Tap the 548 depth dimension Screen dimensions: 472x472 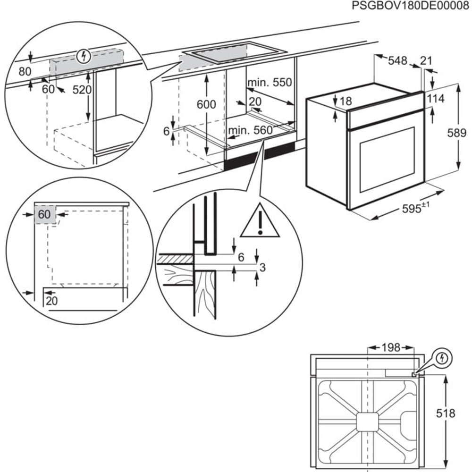(398, 60)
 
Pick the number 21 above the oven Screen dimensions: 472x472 (426, 60)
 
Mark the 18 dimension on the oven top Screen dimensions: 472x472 (346, 101)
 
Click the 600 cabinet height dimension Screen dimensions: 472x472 (206, 105)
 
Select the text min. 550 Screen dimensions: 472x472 (270, 83)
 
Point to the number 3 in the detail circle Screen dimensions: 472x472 (263, 268)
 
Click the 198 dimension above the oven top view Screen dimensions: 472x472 (390, 348)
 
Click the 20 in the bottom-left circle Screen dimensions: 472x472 (51, 301)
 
